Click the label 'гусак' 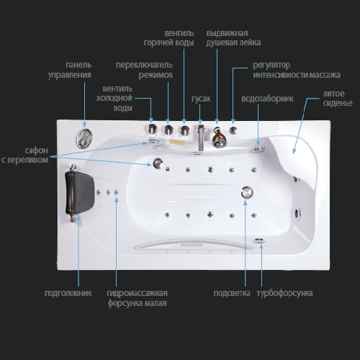point(201,99)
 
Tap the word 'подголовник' point(68,293)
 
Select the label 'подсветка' point(232,293)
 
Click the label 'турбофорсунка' point(284,293)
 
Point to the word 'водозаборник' point(267,99)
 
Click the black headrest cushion point(79,193)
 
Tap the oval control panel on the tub point(84,138)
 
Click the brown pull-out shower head point(218,138)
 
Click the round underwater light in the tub point(247,192)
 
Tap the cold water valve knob point(152,130)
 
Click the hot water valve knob point(184,130)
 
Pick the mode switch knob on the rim point(168,130)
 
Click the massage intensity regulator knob point(233,130)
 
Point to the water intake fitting point(258,149)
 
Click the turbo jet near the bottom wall point(258,240)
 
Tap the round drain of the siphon point(158,163)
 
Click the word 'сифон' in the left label point(37,150)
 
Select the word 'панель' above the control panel point(78,65)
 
